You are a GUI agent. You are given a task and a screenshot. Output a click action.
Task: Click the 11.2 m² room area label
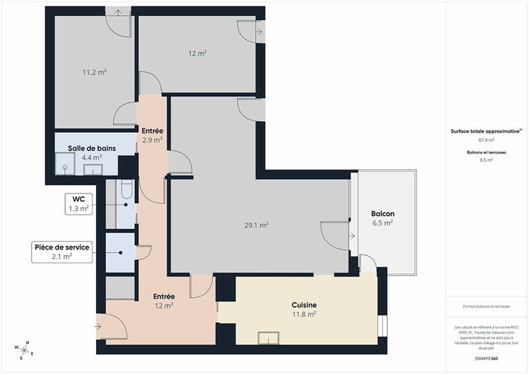pyautogui.click(x=95, y=71)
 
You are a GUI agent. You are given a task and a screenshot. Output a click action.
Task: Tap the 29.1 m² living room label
pyautogui.click(x=257, y=225)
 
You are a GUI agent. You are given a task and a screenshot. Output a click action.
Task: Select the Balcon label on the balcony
pyautogui.click(x=382, y=214)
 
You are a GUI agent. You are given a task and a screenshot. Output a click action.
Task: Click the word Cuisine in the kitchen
pyautogui.click(x=304, y=304)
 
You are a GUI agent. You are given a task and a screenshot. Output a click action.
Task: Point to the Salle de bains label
pyautogui.click(x=91, y=149)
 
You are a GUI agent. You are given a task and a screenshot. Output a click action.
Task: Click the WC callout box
pyautogui.click(x=78, y=203)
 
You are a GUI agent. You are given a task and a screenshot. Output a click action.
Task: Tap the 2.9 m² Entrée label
pyautogui.click(x=152, y=140)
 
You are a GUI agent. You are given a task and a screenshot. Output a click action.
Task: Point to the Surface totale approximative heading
pyautogui.click(x=486, y=130)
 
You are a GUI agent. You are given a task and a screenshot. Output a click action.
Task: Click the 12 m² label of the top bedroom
pyautogui.click(x=198, y=53)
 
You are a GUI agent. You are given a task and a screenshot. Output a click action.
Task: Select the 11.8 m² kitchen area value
pyautogui.click(x=304, y=314)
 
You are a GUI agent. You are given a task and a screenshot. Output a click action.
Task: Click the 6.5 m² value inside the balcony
pyautogui.click(x=382, y=223)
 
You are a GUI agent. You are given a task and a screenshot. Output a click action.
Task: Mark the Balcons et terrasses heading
pyautogui.click(x=486, y=152)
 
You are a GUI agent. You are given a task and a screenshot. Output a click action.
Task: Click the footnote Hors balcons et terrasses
pyautogui.click(x=486, y=307)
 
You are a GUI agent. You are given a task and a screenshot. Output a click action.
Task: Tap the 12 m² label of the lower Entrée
pyautogui.click(x=164, y=306)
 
